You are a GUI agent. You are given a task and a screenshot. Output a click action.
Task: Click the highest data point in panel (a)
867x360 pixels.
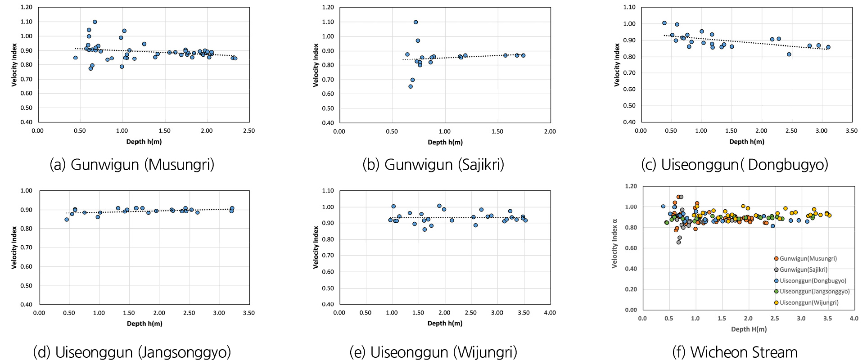point(95,22)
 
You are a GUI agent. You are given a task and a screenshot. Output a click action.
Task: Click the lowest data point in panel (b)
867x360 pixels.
point(411,86)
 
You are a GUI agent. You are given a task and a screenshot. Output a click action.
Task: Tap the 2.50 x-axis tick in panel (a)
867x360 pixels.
point(248,131)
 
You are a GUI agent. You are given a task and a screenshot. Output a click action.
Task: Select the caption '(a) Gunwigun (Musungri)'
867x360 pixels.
point(132,164)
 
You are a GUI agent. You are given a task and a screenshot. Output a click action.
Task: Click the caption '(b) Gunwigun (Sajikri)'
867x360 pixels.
point(433,164)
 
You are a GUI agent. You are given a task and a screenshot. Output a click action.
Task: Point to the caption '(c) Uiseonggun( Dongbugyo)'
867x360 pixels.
point(734,164)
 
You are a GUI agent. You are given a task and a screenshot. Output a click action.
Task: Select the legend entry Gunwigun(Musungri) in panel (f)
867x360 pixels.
point(808,259)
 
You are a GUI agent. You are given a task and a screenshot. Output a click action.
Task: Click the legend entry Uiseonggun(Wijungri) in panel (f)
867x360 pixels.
point(809,302)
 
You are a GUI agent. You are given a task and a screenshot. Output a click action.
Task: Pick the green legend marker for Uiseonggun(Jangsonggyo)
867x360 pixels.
point(776,292)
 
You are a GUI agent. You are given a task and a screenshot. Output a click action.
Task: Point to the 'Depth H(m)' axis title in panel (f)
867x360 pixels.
point(749,329)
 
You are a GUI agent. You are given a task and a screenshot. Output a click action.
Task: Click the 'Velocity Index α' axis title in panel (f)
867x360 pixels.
point(614,243)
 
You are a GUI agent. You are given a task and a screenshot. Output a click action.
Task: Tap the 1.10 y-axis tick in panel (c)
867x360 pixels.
point(629,7)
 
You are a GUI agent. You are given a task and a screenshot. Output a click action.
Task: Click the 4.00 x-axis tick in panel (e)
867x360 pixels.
point(550,313)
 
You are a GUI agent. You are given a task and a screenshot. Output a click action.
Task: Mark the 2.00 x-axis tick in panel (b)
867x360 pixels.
point(550,131)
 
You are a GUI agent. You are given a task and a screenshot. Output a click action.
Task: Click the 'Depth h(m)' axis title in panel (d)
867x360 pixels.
point(144,324)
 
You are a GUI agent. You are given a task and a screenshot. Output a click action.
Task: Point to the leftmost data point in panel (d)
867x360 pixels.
point(67,220)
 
